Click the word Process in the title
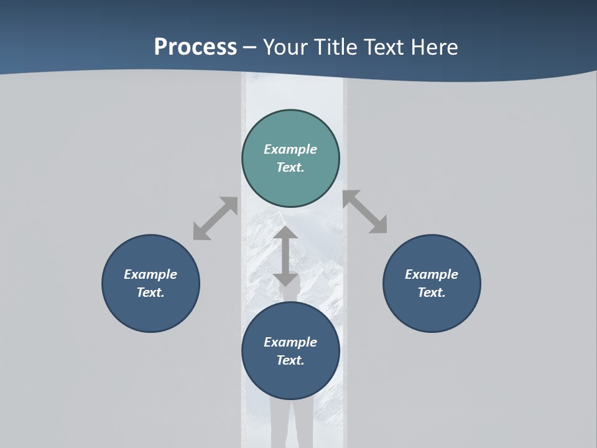pyautogui.click(x=195, y=47)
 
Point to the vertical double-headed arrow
pyautogui.click(x=285, y=256)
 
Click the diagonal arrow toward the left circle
pyautogui.click(x=215, y=218)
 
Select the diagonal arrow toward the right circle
pyautogui.click(x=365, y=212)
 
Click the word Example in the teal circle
pyautogui.click(x=290, y=149)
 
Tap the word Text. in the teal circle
pyautogui.click(x=290, y=167)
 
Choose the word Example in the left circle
pyautogui.click(x=150, y=274)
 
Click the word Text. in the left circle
pyautogui.click(x=150, y=292)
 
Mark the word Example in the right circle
pyautogui.click(x=432, y=274)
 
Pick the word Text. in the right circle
pyautogui.click(x=432, y=292)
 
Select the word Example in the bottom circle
pyautogui.click(x=290, y=342)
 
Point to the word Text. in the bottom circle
pyautogui.click(x=290, y=360)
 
